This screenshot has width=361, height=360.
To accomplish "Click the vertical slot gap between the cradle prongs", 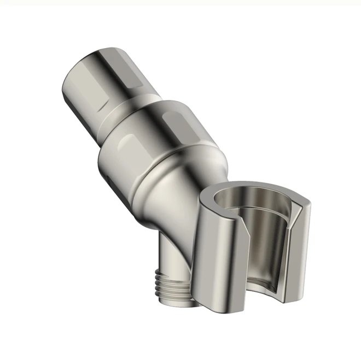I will [x=260, y=273].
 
